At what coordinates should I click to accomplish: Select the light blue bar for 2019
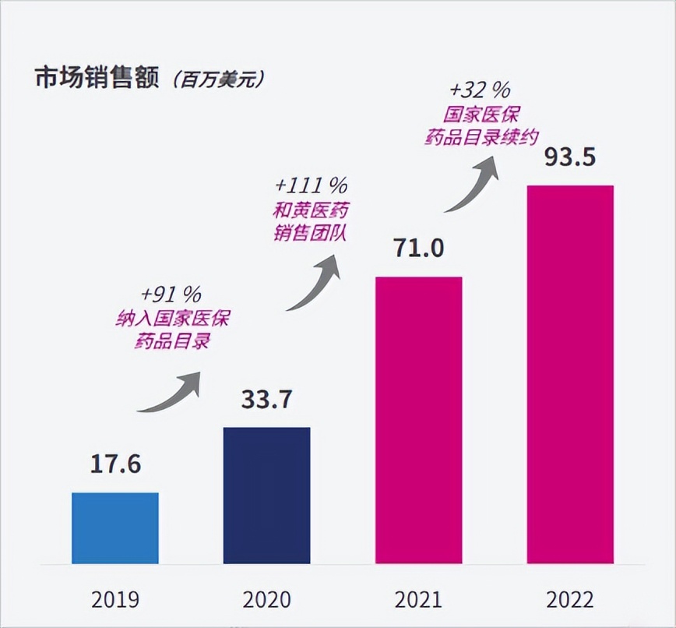(x=115, y=527)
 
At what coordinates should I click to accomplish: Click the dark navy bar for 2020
(x=267, y=495)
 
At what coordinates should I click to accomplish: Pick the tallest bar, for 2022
(x=570, y=374)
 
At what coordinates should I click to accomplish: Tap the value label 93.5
(x=569, y=157)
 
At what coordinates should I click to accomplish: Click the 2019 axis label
(x=115, y=600)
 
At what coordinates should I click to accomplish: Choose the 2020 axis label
(x=266, y=600)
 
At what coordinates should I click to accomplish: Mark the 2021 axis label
(x=418, y=600)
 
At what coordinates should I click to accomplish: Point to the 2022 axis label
(x=570, y=600)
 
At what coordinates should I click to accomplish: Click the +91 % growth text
(x=171, y=294)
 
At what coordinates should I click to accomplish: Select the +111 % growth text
(x=311, y=186)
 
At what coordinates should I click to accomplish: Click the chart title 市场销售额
(x=96, y=79)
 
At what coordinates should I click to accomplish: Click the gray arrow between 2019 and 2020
(x=171, y=391)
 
